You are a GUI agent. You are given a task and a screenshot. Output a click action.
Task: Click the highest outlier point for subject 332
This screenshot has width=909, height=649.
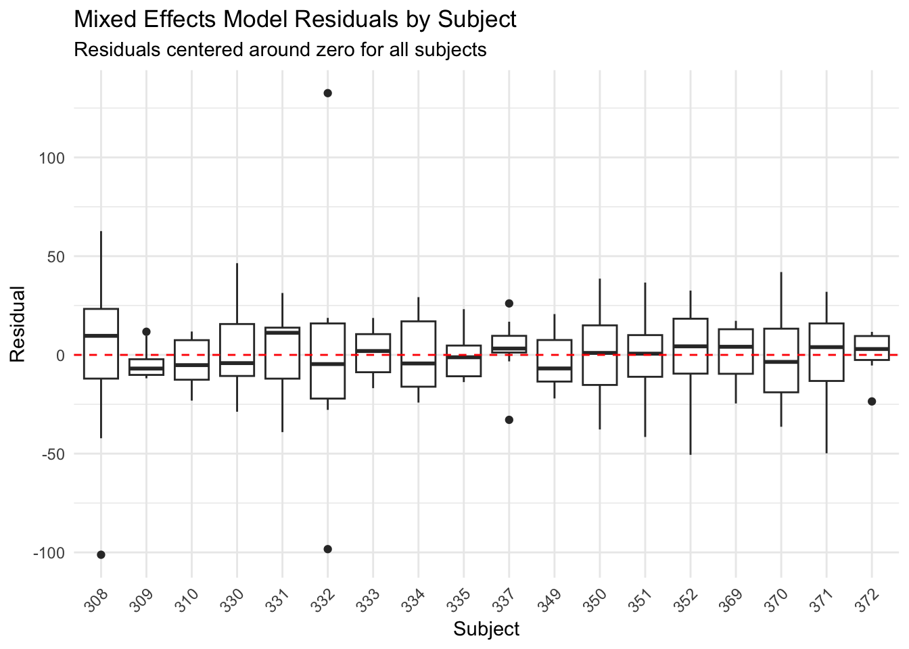327,93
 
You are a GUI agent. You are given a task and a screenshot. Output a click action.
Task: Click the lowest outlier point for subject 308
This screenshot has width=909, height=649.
101,554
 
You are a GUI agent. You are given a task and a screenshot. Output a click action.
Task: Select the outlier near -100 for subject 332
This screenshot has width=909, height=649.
327,549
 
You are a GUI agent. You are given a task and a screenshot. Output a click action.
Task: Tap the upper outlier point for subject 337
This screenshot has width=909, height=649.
509,304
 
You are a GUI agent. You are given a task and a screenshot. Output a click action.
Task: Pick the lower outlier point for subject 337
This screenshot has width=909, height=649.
509,420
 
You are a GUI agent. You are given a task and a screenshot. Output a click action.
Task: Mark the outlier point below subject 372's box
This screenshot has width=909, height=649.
872,402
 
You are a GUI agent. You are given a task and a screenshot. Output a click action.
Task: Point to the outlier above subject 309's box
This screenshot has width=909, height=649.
146,332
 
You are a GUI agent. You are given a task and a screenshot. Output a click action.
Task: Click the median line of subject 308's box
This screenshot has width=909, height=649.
101,336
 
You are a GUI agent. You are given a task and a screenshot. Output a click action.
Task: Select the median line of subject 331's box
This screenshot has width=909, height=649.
282,333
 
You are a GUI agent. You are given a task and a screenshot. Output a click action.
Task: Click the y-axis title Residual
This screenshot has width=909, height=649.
18,324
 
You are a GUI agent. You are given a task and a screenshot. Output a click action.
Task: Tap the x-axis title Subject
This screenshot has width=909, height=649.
486,629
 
